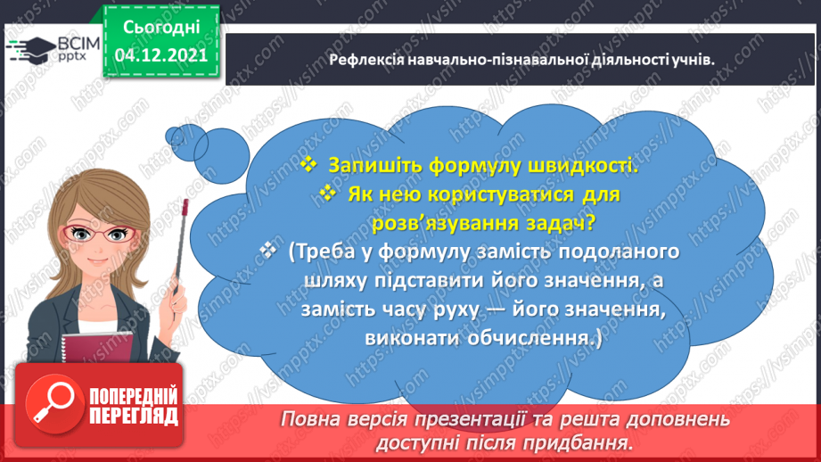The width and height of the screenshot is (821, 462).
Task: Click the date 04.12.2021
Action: tap(160, 54)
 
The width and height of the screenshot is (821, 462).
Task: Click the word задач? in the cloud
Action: tap(551, 223)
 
